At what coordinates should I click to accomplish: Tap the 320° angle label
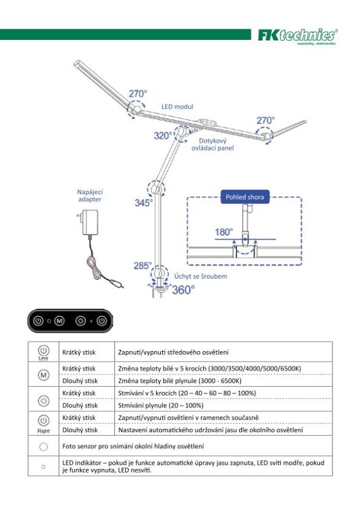click(164, 135)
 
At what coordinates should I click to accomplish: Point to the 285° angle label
click(143, 266)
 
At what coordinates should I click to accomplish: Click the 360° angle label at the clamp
click(183, 290)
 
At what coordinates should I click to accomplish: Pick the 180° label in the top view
click(224, 232)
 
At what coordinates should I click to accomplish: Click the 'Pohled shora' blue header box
click(245, 197)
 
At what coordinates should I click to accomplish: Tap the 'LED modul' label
click(178, 107)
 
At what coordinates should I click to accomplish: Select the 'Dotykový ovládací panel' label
click(213, 144)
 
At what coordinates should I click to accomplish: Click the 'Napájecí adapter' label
click(89, 195)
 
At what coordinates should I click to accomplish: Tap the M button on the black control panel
click(60, 320)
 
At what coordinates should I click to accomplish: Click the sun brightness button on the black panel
click(80, 320)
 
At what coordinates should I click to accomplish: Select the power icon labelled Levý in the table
click(43, 350)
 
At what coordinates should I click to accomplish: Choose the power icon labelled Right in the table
click(43, 421)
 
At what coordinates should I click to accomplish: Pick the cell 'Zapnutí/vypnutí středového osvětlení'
click(173, 352)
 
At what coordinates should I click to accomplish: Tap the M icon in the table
click(43, 374)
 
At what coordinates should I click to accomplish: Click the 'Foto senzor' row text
click(133, 446)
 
